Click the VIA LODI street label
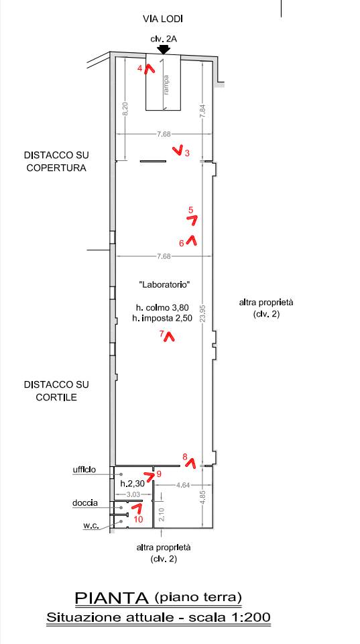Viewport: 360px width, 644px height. click(x=162, y=19)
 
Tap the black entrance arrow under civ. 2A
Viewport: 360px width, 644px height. click(x=164, y=50)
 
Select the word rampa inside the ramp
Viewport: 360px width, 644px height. click(x=166, y=85)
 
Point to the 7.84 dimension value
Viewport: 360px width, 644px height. click(x=202, y=111)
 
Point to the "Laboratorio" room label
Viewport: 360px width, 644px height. click(x=164, y=284)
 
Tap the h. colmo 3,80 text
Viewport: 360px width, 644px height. click(x=162, y=307)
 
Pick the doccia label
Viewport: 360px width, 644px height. click(x=85, y=503)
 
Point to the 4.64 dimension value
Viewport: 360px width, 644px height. click(x=182, y=485)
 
